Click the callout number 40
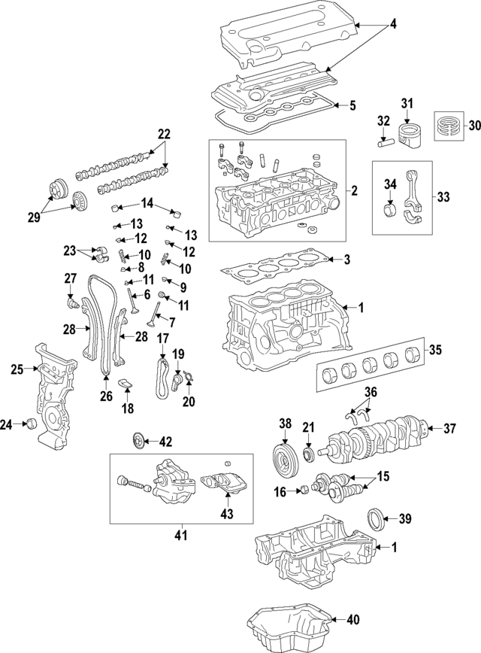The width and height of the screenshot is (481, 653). (352, 620)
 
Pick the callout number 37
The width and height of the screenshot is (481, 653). (449, 429)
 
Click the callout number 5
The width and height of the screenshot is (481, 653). (352, 105)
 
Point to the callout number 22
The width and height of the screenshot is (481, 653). (163, 135)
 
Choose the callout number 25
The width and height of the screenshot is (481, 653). (18, 369)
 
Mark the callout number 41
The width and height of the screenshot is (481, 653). (180, 535)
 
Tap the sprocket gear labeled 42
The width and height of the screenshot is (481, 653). (137, 441)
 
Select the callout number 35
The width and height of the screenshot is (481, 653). (435, 349)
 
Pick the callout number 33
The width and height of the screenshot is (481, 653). (443, 197)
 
